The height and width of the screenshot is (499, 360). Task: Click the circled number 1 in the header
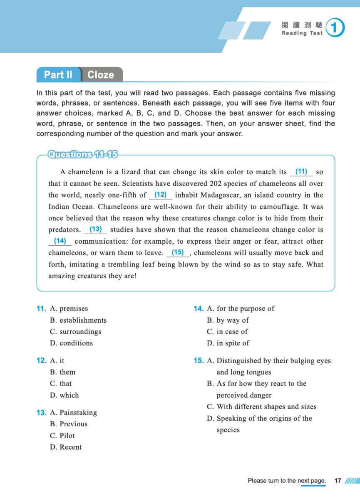pos(335,28)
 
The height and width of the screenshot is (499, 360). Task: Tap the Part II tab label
pos(58,75)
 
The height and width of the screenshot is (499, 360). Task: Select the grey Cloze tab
pos(101,75)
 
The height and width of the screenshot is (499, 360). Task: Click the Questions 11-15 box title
pos(83,154)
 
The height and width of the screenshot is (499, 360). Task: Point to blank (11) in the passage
pos(301,171)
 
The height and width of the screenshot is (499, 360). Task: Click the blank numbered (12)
pos(160,194)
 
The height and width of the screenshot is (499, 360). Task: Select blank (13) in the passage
pos(96,229)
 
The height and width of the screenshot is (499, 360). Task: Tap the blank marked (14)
pos(60,241)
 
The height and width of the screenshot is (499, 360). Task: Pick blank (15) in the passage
pos(178,252)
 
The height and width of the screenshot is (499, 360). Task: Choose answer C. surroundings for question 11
pos(75,331)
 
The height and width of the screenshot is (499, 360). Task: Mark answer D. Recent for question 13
pos(66,447)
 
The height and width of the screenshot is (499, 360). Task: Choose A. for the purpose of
pos(241,309)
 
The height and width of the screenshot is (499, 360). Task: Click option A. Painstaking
pos(73,413)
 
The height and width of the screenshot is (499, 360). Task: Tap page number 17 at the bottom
pos(338,481)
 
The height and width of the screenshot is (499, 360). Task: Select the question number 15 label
pos(198,361)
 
